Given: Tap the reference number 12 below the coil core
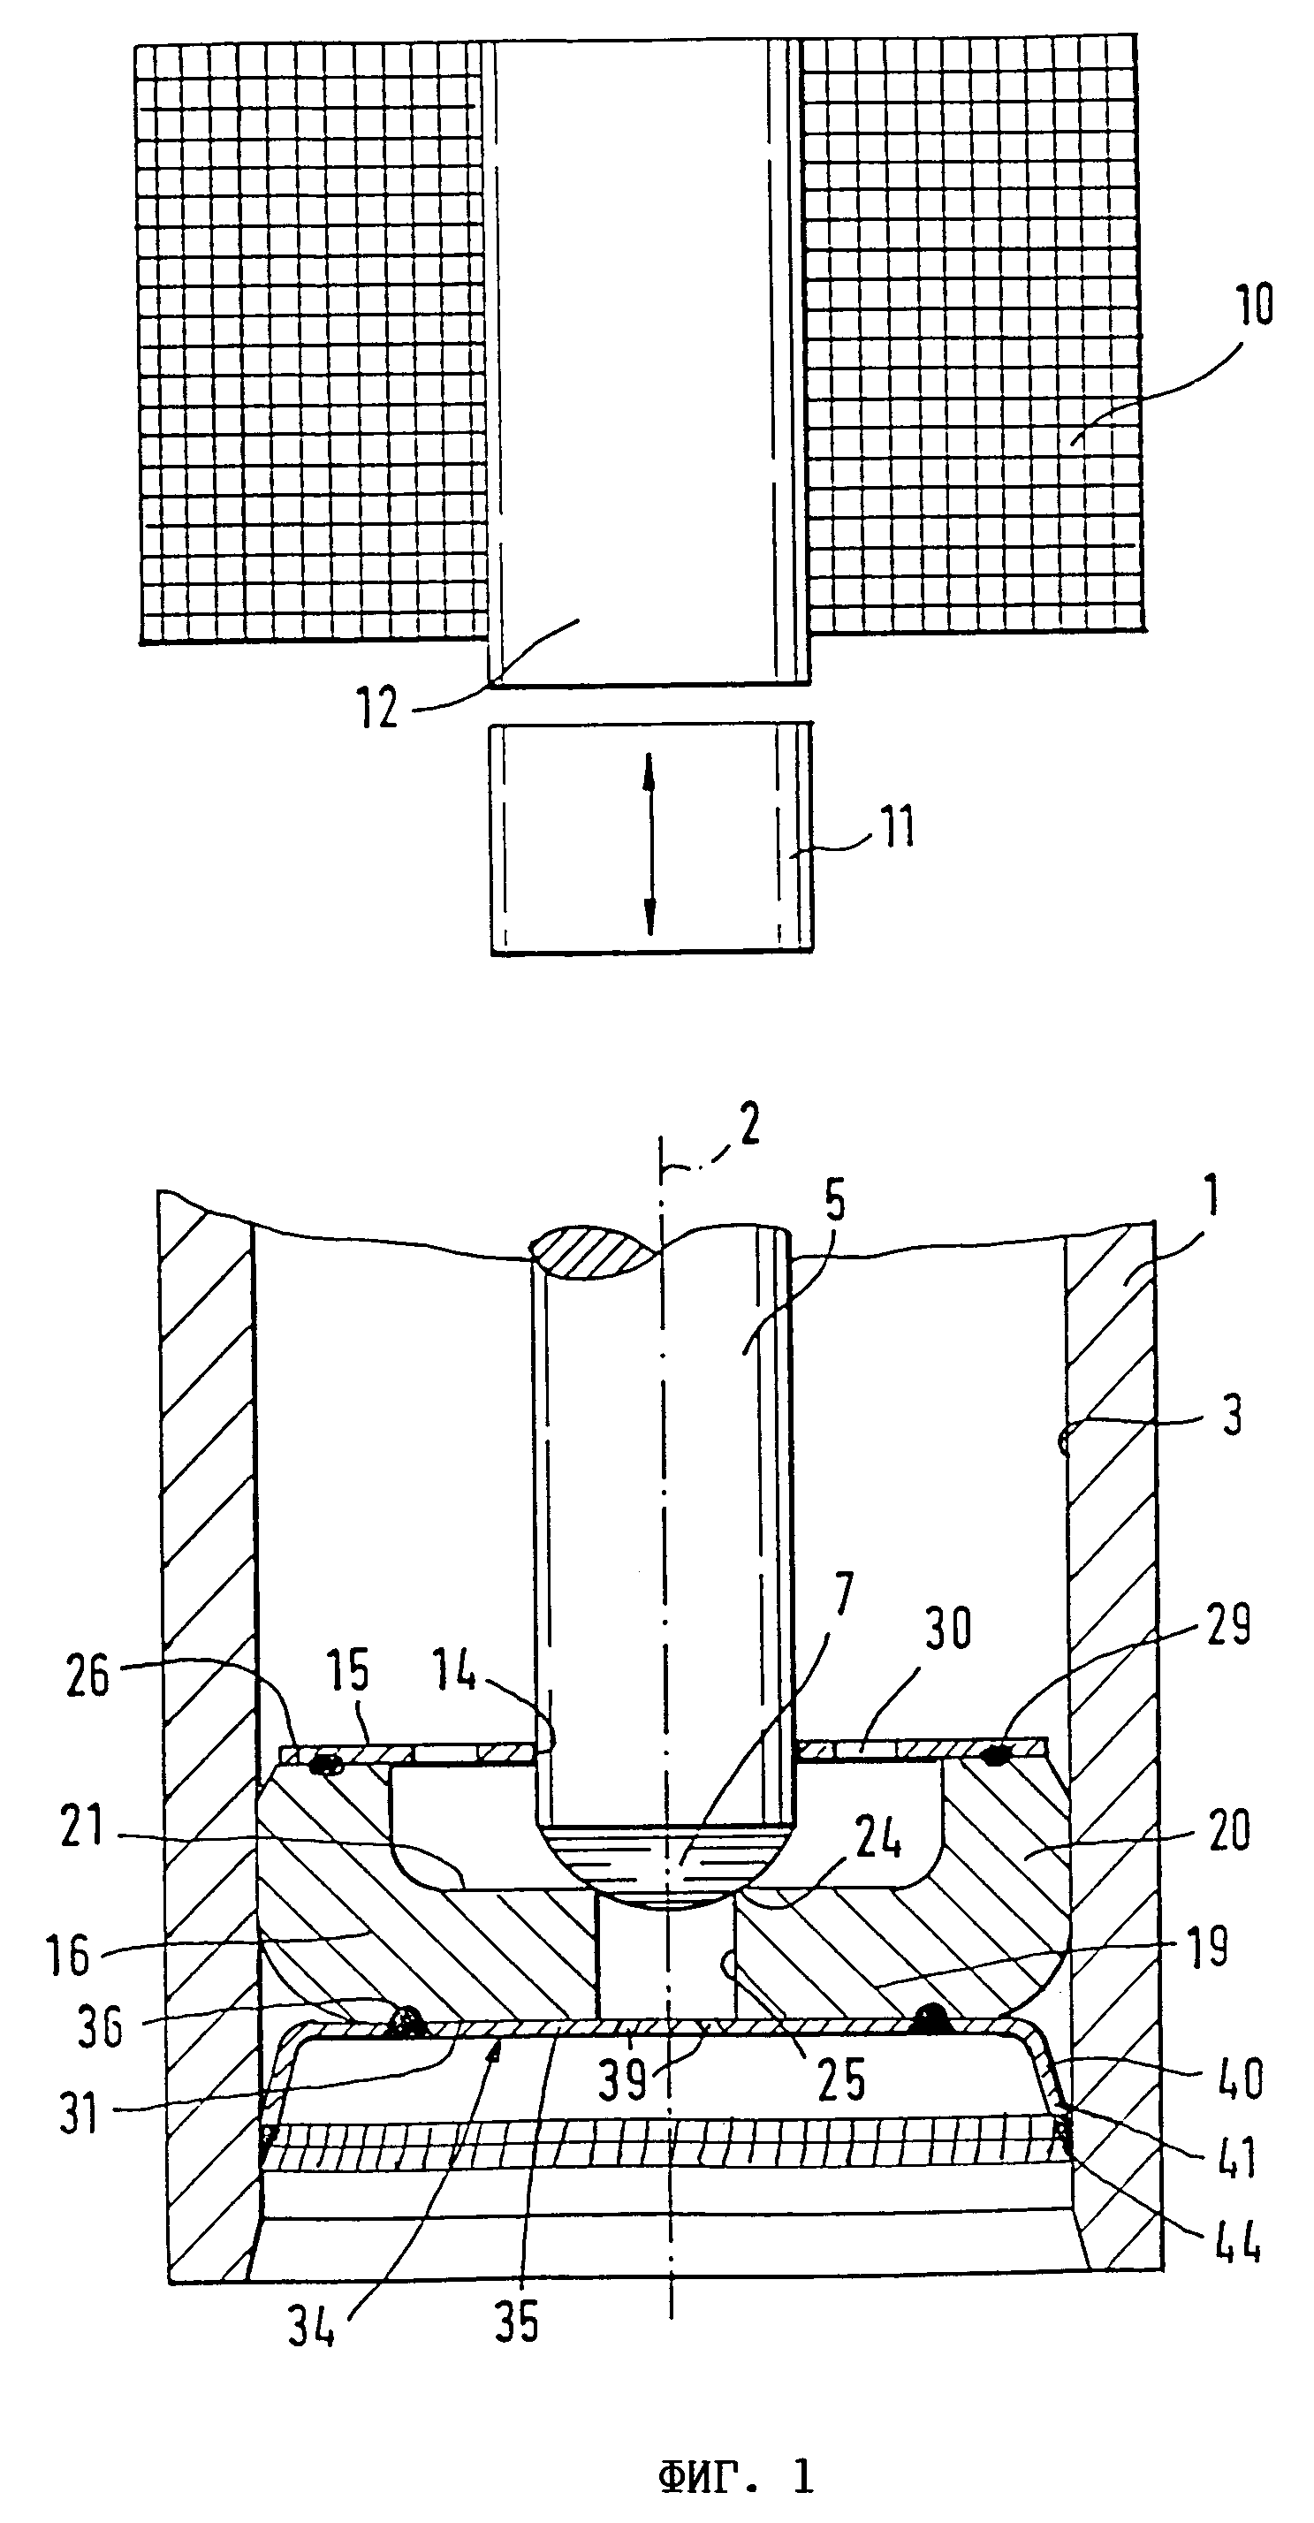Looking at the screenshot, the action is [x=378, y=706].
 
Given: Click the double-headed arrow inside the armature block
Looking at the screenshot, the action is [x=649, y=843].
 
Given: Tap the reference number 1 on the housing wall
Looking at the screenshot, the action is [x=1211, y=1197].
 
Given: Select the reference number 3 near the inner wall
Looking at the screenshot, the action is [x=1232, y=1417].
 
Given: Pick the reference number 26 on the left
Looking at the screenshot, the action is [x=87, y=1678].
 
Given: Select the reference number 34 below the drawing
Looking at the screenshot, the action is [x=311, y=2324].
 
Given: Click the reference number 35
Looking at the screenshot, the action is [x=517, y=2322].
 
